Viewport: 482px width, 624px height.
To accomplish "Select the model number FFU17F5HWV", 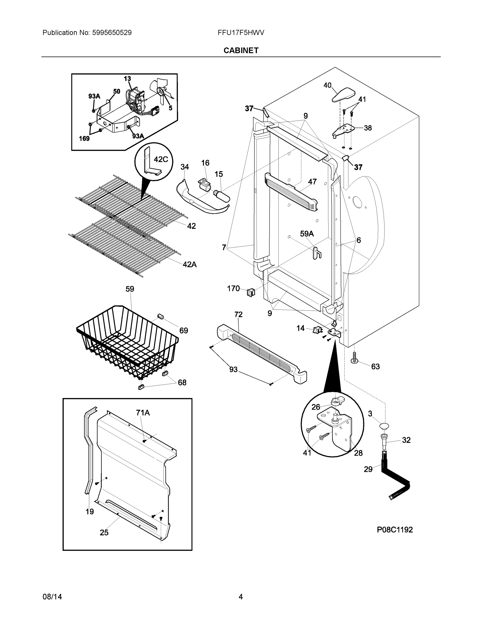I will (241, 32).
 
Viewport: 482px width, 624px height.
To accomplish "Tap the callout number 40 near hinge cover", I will (327, 85).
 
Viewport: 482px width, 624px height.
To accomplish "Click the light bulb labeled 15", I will (222, 196).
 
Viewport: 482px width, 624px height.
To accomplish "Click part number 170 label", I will (233, 289).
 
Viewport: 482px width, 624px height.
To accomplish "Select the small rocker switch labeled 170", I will (251, 292).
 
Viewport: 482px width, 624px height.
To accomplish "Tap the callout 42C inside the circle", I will (161, 159).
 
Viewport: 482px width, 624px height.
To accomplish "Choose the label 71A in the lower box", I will (143, 413).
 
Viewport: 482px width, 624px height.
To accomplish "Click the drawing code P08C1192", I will (395, 529).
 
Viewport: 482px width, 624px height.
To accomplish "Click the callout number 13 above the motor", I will (127, 79).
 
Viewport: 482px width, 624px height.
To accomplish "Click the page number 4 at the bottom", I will (241, 597).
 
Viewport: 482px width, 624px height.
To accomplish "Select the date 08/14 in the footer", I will (52, 597).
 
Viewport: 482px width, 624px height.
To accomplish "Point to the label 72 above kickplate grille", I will (239, 314).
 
